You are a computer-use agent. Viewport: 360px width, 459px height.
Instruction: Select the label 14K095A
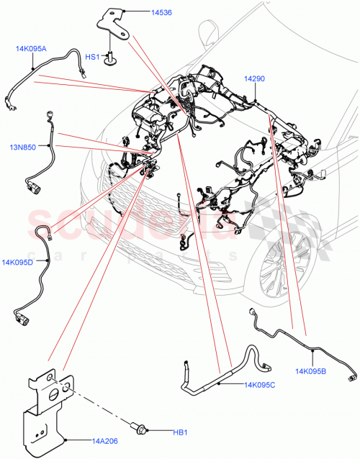[30, 49]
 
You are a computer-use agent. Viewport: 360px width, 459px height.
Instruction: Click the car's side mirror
[209, 32]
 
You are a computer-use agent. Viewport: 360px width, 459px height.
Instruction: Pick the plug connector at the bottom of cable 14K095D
[18, 314]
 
